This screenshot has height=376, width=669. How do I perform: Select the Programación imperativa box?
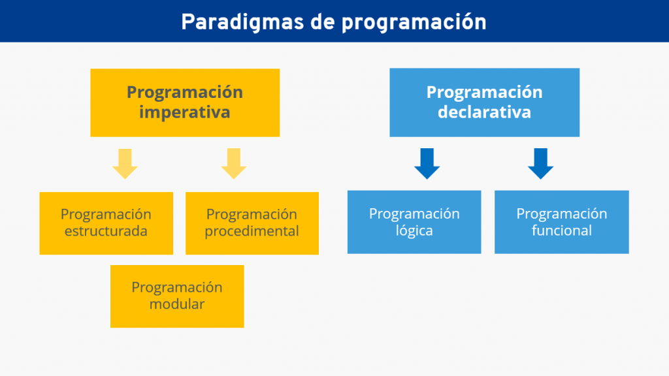(x=185, y=102)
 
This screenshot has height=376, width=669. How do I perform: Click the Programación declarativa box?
(x=484, y=102)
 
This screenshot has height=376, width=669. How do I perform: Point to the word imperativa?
(x=185, y=112)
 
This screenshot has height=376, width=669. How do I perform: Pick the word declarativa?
(x=484, y=112)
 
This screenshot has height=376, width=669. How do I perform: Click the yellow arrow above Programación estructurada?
(x=125, y=164)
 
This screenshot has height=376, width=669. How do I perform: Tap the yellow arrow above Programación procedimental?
(x=234, y=164)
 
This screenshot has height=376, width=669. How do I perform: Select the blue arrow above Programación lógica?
(x=427, y=164)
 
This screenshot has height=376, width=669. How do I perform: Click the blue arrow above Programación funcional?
(x=540, y=164)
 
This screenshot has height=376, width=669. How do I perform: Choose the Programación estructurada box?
(x=106, y=223)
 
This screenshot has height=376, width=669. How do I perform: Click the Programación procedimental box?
(x=252, y=223)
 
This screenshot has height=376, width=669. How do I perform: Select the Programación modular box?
(x=177, y=296)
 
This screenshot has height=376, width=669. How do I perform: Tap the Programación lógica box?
(x=414, y=222)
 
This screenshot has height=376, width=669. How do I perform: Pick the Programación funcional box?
(x=561, y=222)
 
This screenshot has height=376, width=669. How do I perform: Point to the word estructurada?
(x=106, y=231)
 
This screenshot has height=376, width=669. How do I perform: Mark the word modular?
(x=177, y=304)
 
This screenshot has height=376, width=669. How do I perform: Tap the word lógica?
(x=414, y=230)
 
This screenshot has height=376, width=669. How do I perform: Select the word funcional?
(x=561, y=230)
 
